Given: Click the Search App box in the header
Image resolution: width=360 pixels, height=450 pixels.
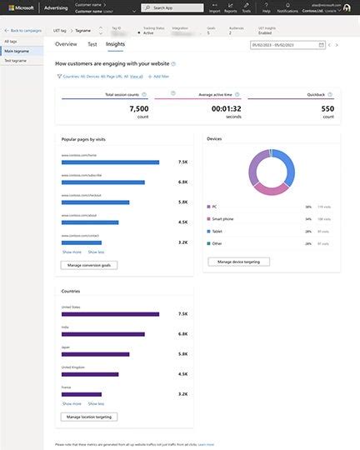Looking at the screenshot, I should [x=170, y=7].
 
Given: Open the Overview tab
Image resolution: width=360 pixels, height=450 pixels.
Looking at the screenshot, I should [x=66, y=43].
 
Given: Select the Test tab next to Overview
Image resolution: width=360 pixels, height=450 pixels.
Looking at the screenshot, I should [x=92, y=43].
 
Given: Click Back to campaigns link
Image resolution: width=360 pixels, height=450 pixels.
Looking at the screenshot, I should [x=24, y=30].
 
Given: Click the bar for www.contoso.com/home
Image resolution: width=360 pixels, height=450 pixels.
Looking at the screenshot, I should [x=110, y=162].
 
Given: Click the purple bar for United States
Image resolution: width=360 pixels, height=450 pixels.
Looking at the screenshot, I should [x=110, y=314].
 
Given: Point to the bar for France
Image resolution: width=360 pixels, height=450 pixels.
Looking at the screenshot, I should [x=82, y=394].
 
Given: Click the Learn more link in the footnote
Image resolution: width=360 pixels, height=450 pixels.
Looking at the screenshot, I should [x=206, y=445].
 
